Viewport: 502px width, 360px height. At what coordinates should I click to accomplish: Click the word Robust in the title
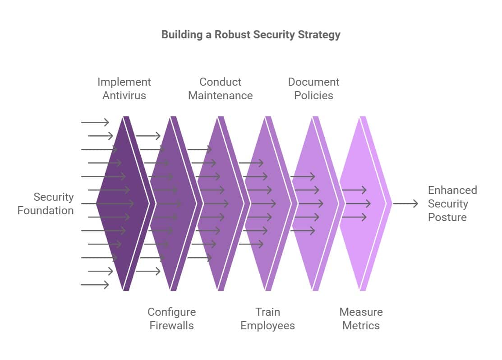tap(233, 35)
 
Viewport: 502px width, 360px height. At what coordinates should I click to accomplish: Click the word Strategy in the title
tap(319, 35)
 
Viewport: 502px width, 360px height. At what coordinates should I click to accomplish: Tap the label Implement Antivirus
tap(124, 88)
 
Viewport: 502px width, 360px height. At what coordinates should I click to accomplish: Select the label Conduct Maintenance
tap(220, 88)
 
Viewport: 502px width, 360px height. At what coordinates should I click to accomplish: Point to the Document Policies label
tap(313, 88)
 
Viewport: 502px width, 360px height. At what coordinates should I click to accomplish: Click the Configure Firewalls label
tap(171, 318)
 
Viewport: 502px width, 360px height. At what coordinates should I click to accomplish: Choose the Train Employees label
tap(267, 318)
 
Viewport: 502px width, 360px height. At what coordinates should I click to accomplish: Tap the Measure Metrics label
tap(361, 318)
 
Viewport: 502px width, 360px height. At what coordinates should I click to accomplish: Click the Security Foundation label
tap(46, 203)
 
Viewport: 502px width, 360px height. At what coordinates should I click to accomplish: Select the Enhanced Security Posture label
tap(451, 203)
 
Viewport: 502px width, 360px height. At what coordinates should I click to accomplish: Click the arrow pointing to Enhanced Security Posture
tap(405, 204)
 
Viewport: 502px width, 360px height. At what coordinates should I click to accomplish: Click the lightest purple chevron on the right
tap(363, 203)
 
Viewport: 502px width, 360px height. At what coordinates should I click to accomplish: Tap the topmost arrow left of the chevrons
tap(95, 122)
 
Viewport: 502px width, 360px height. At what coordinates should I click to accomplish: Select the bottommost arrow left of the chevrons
tap(95, 285)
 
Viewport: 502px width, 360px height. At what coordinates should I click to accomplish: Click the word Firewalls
tap(171, 326)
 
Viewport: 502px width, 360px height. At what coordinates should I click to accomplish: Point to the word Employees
tap(267, 326)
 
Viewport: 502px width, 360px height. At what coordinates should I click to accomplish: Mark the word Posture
tap(447, 217)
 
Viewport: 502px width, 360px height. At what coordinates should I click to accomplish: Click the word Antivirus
tap(124, 96)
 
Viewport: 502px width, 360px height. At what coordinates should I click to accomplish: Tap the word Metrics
tap(361, 326)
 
